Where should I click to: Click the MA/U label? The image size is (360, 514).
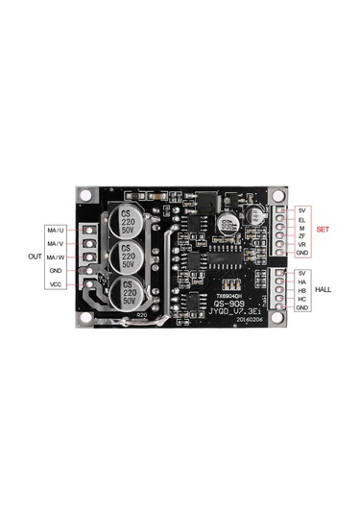57,231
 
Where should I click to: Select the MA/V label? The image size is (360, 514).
57,244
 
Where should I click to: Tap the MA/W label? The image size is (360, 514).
57,257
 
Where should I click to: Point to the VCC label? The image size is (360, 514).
57,285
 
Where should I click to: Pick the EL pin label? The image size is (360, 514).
301,219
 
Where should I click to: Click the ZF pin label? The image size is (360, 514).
301,236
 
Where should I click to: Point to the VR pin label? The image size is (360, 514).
301,245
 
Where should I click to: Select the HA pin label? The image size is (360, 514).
301,281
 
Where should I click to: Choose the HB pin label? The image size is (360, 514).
301,290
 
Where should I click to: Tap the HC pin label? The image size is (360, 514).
301,299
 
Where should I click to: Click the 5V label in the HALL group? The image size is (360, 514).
301,273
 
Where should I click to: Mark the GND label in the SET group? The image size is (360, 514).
302,254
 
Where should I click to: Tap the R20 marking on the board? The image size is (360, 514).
141,315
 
